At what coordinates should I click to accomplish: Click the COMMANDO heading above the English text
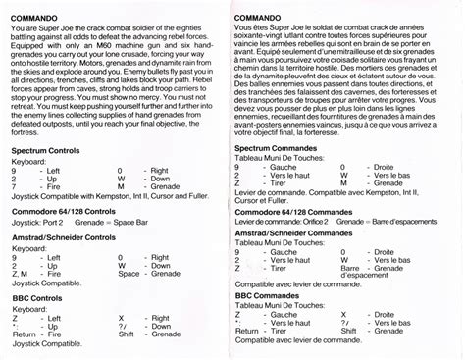pyautogui.click(x=34, y=19)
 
